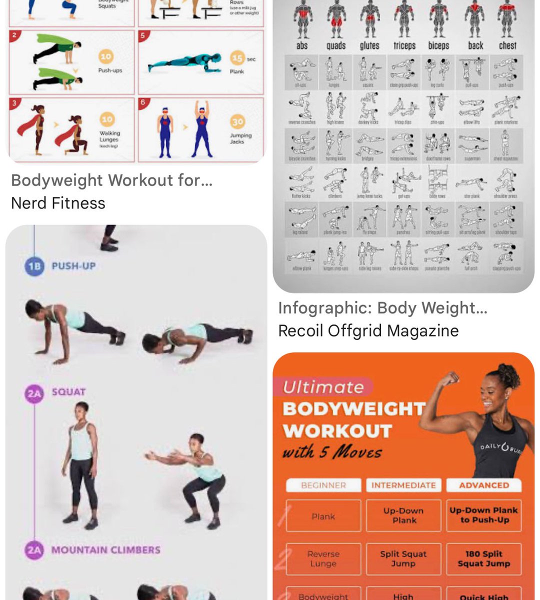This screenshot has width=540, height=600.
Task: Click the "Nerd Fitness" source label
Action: (58, 203)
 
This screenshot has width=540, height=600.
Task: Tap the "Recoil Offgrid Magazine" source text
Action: (368, 330)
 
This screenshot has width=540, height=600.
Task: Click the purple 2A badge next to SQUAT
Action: (34, 393)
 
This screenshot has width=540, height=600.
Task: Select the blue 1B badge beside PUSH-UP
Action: (34, 266)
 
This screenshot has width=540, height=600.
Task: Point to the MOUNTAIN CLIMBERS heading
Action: (105, 550)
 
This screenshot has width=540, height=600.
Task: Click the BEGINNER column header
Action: (323, 485)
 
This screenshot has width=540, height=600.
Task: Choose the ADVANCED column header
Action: (483, 485)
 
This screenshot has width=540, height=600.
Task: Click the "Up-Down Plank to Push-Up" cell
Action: (483, 515)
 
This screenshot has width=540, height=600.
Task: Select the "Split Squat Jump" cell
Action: (403, 558)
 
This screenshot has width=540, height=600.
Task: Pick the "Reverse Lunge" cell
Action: (323, 558)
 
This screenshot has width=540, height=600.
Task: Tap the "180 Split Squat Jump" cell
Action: (483, 558)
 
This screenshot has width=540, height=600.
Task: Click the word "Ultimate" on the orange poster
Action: (323, 387)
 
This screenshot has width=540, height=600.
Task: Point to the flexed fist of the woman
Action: (449, 378)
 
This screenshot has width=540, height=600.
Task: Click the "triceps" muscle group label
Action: (404, 45)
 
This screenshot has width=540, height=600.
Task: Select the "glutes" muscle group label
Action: (369, 45)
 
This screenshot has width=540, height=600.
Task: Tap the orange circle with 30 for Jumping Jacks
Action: (237, 121)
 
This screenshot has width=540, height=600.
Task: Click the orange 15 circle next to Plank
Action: (237, 58)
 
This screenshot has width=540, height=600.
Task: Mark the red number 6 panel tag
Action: (143, 102)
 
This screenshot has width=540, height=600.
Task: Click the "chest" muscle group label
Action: (507, 45)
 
